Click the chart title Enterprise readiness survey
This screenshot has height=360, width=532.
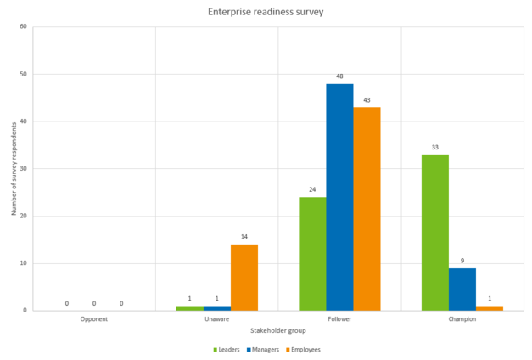[266, 13]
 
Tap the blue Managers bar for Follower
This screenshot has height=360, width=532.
[339, 197]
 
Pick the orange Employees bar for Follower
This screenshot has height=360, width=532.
[367, 209]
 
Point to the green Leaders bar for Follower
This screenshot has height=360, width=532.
[312, 253]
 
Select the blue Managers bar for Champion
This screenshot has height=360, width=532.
[462, 289]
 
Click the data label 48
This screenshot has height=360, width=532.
[339, 76]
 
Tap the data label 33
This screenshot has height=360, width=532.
[434, 148]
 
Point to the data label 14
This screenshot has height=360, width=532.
[244, 238]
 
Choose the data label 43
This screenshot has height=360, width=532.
[367, 100]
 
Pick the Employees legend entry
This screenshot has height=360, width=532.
[304, 349]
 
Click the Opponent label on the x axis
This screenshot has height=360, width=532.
[93, 319]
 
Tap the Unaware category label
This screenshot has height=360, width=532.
[216, 319]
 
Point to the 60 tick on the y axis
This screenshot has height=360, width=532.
[23, 26]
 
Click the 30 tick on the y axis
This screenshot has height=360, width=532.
[23, 168]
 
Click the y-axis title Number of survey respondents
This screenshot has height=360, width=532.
[14, 168]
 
